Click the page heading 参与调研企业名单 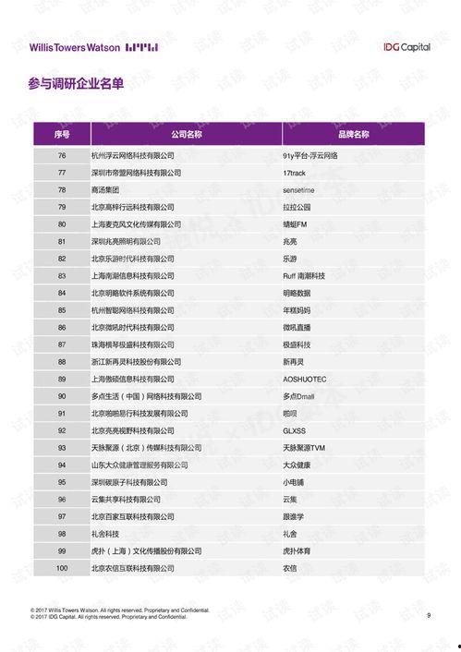[76, 84]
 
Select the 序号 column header [62, 135]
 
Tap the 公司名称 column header [186, 135]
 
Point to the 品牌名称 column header [353, 135]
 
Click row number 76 [62, 155]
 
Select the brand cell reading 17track [296, 173]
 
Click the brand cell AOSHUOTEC [305, 379]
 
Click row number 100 [62, 568]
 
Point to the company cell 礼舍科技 [106, 534]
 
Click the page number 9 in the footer [429, 615]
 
